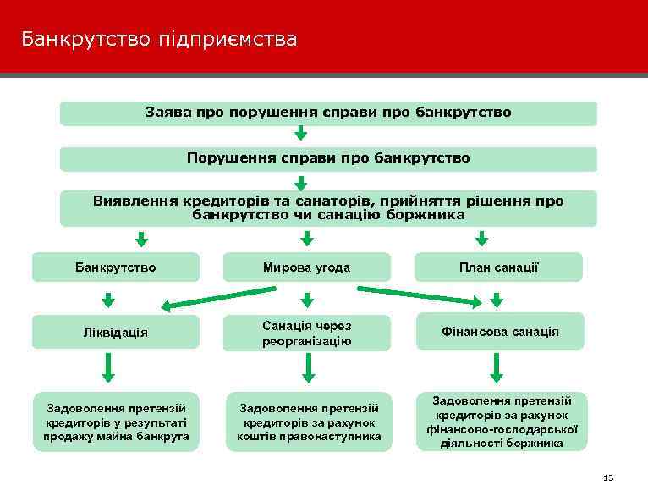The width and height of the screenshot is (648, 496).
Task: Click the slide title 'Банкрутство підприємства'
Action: (159, 39)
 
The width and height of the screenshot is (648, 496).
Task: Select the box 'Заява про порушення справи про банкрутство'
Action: (328, 113)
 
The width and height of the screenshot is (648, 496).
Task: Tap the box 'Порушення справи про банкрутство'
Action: (328, 158)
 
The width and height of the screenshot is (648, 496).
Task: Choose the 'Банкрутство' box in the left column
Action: (116, 267)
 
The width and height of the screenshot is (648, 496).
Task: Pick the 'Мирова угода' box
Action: (306, 267)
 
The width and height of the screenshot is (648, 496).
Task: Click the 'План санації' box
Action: (498, 267)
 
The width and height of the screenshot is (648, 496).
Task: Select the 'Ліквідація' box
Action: (116, 332)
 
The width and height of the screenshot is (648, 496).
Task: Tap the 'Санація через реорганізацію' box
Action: (306, 333)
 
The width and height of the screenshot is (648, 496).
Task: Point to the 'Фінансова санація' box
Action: (498, 332)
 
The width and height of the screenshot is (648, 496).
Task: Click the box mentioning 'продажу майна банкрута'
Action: (116, 422)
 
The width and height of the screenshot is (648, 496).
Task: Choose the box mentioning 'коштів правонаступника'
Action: (308, 422)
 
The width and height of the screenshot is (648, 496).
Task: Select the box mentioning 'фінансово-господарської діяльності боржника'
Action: (499, 422)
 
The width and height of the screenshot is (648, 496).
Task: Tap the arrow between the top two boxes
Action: (300, 134)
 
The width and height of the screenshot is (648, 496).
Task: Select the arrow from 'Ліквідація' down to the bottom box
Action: (108, 367)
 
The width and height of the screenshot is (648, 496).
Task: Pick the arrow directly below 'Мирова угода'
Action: (308, 300)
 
